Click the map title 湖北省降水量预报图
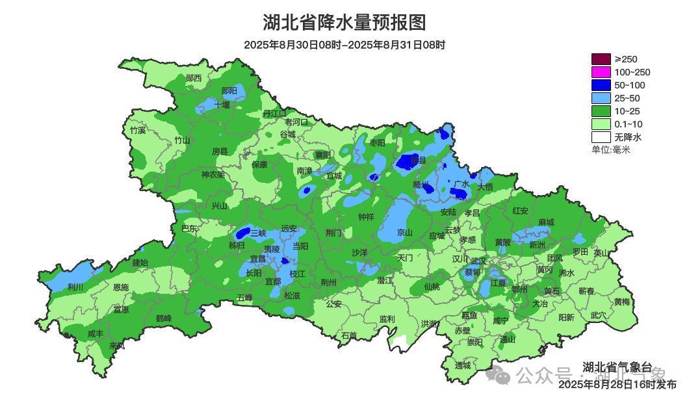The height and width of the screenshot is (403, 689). pyautogui.click(x=344, y=23)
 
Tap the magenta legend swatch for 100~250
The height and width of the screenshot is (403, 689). pyautogui.click(x=601, y=72)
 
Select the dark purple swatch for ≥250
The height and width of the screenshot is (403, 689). pyautogui.click(x=601, y=59)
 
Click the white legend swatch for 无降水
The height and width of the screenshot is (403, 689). pyautogui.click(x=601, y=137)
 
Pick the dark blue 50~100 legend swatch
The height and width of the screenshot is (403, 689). pyautogui.click(x=601, y=85)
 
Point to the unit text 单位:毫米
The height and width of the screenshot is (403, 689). pyautogui.click(x=610, y=149)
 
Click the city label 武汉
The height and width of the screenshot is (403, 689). pyautogui.click(x=478, y=261)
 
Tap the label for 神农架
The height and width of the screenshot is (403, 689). pyautogui.click(x=213, y=175)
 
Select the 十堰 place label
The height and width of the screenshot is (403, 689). pyautogui.click(x=222, y=105)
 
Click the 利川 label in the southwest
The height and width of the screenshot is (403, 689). pyautogui.click(x=75, y=287)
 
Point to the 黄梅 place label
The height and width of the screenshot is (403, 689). pyautogui.click(x=621, y=302)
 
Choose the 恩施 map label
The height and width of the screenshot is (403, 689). pyautogui.click(x=120, y=287)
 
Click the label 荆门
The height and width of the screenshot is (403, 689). pyautogui.click(x=333, y=233)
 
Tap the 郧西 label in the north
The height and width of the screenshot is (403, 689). pyautogui.click(x=194, y=79)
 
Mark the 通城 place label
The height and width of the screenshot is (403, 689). pyautogui.click(x=463, y=366)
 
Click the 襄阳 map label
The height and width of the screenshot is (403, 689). pyautogui.click(x=322, y=155)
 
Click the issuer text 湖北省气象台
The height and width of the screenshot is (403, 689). pyautogui.click(x=617, y=367)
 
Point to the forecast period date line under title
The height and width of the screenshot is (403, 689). pyautogui.click(x=344, y=45)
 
